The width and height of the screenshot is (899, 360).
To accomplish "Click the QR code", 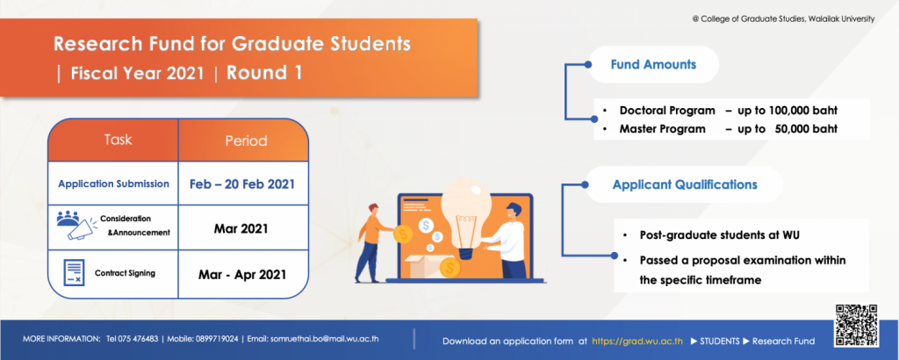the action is click(857, 326).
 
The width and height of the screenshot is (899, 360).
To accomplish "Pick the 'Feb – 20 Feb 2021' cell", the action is click(242, 184).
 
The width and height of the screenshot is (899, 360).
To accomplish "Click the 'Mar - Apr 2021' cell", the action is click(242, 274).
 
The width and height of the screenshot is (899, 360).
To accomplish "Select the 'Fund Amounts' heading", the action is click(653, 64).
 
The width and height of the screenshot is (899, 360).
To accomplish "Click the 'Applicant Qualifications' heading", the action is click(685, 184).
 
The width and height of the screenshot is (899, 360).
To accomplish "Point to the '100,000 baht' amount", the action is click(806, 110).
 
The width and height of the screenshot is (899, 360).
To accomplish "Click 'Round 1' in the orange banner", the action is click(264, 74).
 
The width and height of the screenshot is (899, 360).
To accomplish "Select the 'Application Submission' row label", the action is click(113, 184).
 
